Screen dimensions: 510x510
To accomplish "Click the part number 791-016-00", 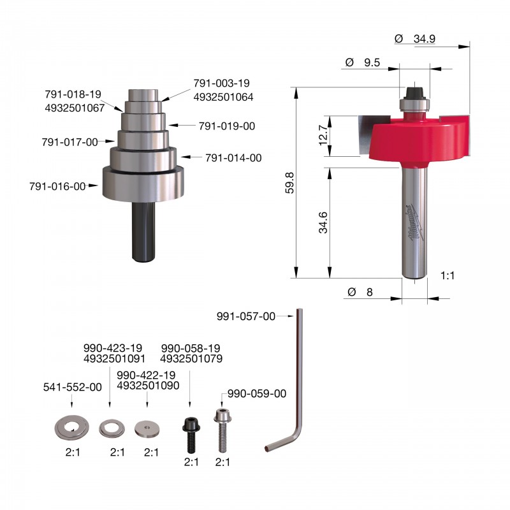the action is pyautogui.click(x=57, y=186).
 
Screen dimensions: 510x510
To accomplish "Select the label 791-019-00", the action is pyautogui.click(x=227, y=126).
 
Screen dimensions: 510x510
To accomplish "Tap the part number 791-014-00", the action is pyautogui.click(x=233, y=158).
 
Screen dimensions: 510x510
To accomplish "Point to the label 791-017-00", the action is pyautogui.click(x=69, y=142).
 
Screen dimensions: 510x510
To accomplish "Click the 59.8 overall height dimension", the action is pyautogui.click(x=289, y=183).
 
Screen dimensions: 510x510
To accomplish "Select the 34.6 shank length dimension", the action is pyautogui.click(x=323, y=222).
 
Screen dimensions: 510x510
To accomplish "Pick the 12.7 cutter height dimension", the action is pyautogui.click(x=324, y=135).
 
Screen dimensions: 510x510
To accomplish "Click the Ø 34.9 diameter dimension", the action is pyautogui.click(x=415, y=39).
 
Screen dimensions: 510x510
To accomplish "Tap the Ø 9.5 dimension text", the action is pyautogui.click(x=363, y=62).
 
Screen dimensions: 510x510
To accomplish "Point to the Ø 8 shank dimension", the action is pyautogui.click(x=360, y=292).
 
